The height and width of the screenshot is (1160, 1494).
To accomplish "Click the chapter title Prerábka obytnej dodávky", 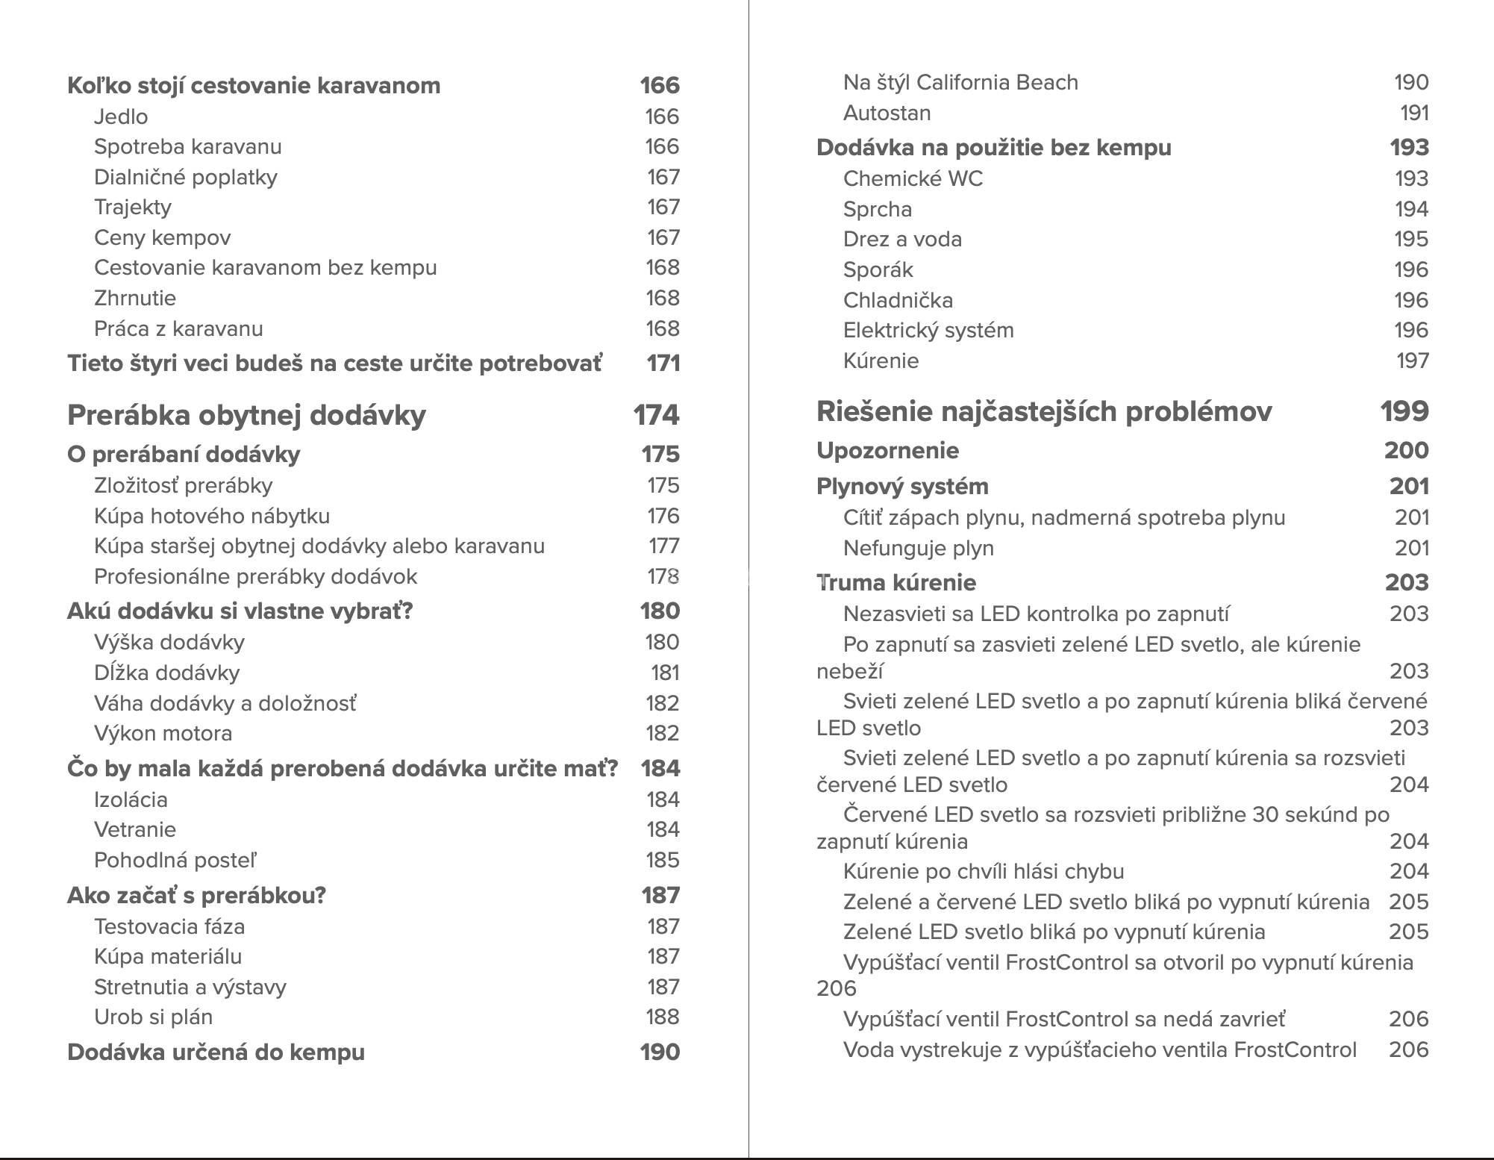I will [246, 415].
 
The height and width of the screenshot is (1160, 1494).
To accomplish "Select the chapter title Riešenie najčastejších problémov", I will [1043, 411].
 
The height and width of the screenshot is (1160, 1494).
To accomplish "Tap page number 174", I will [656, 415].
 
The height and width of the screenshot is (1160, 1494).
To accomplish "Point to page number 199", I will [1404, 411].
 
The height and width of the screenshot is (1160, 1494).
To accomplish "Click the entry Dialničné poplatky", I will [185, 177].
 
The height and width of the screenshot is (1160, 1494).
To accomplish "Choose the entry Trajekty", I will [132, 207].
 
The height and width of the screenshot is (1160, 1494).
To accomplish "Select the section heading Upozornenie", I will [887, 450].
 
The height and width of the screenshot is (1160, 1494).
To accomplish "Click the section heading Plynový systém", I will [901, 486].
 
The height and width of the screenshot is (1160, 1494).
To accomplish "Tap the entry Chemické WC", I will [913, 178].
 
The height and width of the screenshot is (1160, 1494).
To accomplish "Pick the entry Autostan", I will [887, 113].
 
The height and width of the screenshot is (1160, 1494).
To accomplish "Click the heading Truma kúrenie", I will [896, 582].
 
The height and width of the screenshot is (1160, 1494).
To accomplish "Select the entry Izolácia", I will [131, 799].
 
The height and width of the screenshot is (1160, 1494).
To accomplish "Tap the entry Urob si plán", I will [153, 1017].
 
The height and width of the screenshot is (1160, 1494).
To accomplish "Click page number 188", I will [662, 1017].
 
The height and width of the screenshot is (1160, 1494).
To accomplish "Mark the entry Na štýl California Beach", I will [960, 82].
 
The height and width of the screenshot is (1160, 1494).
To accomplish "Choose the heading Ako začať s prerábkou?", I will [196, 895].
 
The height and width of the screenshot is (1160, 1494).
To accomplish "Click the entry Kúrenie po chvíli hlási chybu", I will [983, 871].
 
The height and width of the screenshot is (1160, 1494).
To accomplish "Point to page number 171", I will [663, 364].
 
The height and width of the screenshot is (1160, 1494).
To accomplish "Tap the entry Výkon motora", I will [163, 733].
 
